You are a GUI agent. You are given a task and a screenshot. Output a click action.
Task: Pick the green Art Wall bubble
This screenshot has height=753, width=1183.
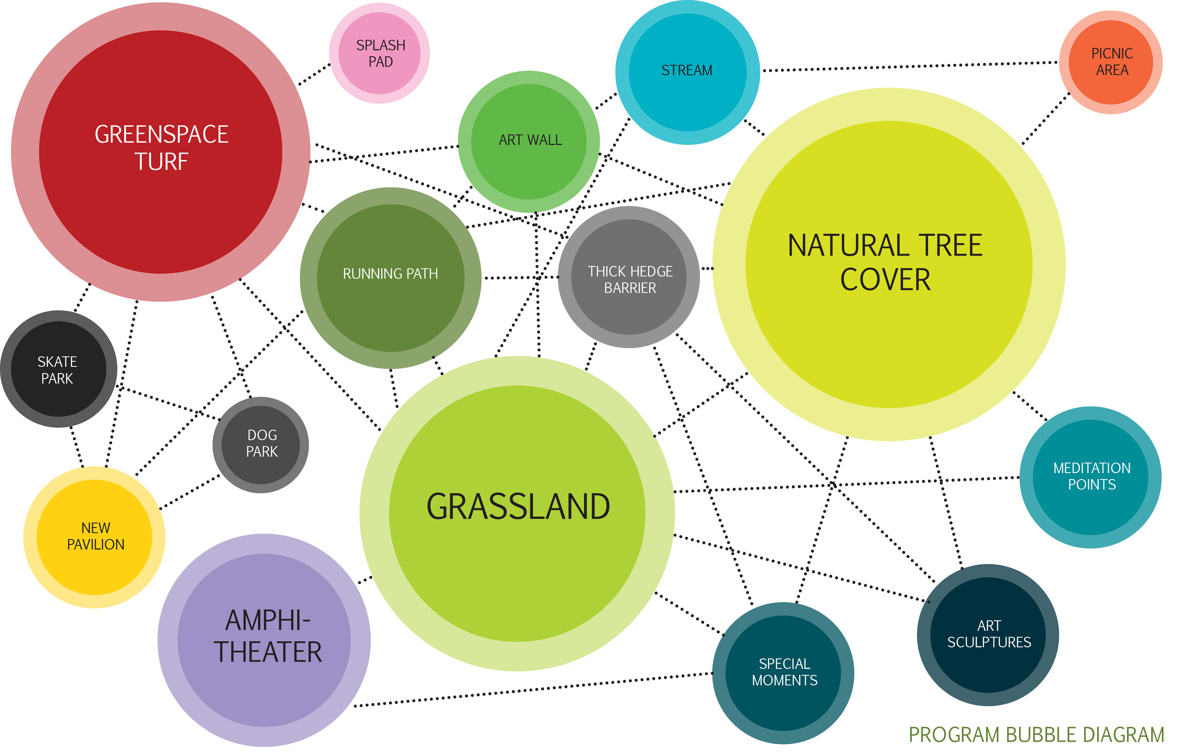point(529,141)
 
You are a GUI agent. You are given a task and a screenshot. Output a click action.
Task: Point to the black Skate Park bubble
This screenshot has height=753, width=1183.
point(58,369)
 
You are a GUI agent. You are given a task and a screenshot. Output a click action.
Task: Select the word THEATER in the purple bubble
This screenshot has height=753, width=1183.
point(268,652)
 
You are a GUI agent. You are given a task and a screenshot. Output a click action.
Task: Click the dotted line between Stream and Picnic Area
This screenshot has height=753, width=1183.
point(909,66)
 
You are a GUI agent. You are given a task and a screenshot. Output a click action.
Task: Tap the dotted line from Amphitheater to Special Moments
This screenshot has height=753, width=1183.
point(533,690)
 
